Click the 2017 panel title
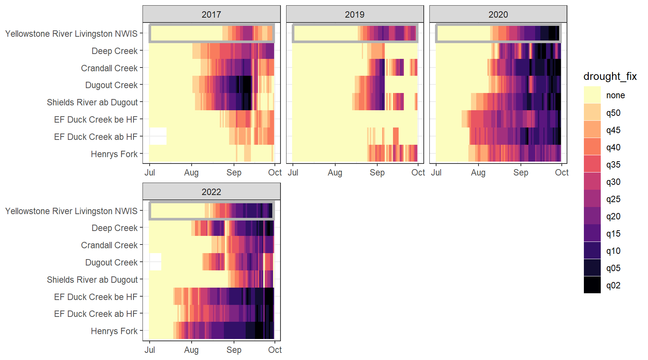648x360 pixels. point(211,15)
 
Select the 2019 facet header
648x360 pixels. point(354,15)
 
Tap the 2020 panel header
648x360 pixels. point(498,15)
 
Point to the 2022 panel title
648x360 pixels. point(211,192)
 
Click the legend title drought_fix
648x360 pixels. point(610,76)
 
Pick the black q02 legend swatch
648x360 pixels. point(592,285)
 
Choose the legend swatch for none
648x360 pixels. point(592,95)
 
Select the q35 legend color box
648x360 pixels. point(592,164)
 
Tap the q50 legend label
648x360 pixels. point(613,113)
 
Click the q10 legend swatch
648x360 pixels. point(592,250)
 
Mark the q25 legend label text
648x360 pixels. point(613,199)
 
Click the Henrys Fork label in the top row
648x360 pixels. point(114,154)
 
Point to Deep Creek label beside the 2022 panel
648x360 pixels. point(114,228)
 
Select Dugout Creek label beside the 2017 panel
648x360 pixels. point(111,85)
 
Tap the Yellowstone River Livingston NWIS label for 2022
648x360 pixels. point(71,211)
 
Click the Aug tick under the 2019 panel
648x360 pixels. point(335,172)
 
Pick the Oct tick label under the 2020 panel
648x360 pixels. point(561,172)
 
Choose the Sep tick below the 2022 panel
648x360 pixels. point(234,350)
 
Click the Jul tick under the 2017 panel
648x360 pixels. point(150,172)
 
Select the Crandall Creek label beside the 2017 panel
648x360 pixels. point(109,68)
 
